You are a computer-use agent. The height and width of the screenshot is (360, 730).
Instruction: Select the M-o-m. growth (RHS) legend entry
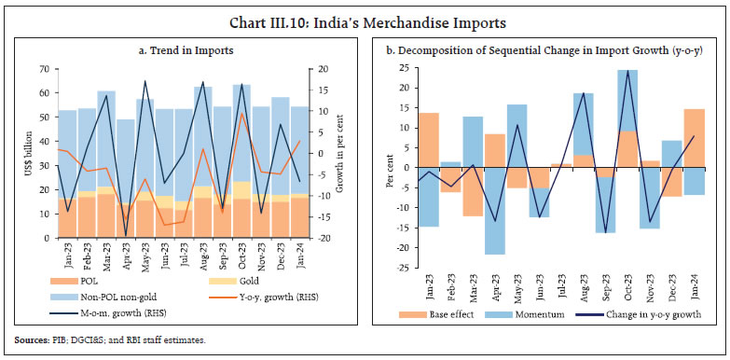(117, 312)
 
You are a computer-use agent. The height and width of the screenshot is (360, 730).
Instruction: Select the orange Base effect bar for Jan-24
(694, 139)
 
